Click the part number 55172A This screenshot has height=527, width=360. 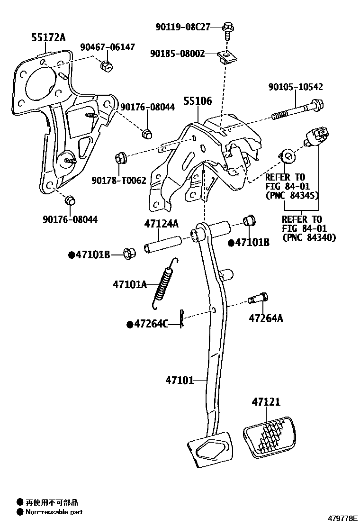click(x=48, y=37)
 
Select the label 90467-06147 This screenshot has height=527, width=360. click(x=107, y=47)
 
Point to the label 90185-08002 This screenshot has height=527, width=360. click(x=178, y=54)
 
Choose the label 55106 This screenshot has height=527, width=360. click(x=198, y=101)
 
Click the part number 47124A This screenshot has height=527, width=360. click(x=162, y=223)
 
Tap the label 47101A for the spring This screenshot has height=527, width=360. click(x=129, y=284)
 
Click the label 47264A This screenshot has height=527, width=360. click(x=266, y=318)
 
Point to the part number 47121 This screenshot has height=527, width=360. click(x=266, y=402)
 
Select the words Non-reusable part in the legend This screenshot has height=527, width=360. click(x=54, y=512)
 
